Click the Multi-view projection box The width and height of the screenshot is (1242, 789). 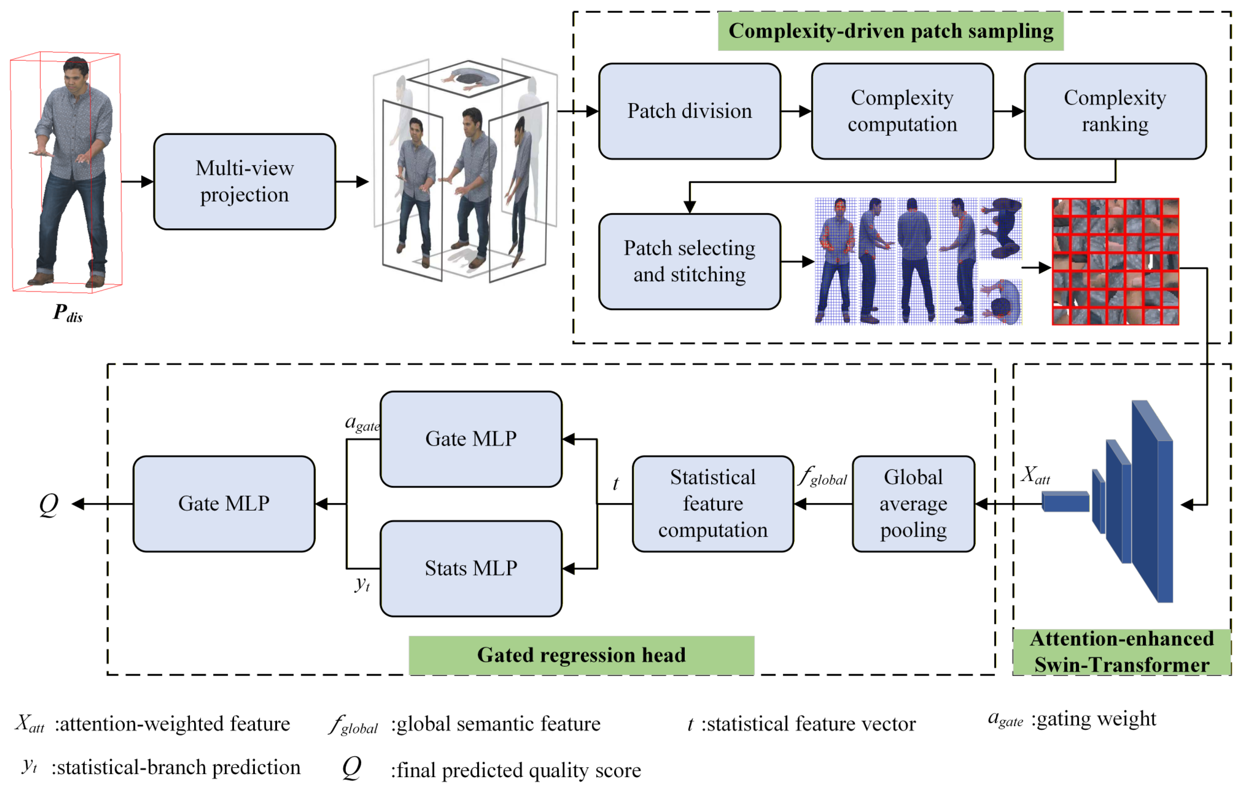click(244, 182)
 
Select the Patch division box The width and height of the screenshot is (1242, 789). click(689, 111)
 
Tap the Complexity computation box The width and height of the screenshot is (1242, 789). click(902, 111)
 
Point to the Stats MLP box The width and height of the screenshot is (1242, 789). click(471, 568)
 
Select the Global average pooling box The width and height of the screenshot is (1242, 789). click(913, 503)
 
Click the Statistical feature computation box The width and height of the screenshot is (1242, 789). click(712, 503)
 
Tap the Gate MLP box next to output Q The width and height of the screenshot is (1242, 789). click(224, 503)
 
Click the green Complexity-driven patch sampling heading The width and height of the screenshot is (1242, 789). click(890, 31)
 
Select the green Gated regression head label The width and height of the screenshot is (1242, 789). click(581, 655)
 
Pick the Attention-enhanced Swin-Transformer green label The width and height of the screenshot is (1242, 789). click(1121, 652)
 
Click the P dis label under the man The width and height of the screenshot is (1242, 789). click(67, 313)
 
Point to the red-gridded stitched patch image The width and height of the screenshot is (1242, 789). click(1115, 262)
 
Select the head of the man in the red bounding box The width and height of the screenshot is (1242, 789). click(76, 71)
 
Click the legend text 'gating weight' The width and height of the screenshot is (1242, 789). click(1094, 719)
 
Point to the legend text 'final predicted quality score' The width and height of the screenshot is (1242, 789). click(516, 770)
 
